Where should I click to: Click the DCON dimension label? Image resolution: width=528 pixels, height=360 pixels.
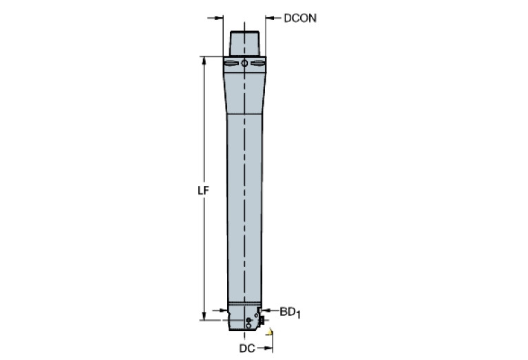click(x=300, y=19)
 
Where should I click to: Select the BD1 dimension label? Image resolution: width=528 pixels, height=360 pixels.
click(x=290, y=313)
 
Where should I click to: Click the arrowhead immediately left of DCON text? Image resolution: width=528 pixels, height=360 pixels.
click(x=271, y=19)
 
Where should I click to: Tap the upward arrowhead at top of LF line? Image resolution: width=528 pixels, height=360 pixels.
click(x=204, y=61)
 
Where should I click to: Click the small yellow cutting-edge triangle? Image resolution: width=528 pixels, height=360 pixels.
click(x=271, y=335)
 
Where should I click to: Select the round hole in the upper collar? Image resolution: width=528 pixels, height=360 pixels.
click(x=245, y=65)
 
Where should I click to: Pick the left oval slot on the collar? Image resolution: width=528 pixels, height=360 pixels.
click(x=231, y=65)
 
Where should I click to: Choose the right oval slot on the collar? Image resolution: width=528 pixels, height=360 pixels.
click(x=258, y=65)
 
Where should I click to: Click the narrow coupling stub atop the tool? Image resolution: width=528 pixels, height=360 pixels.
click(x=245, y=43)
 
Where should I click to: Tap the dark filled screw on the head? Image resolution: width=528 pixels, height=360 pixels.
click(x=248, y=320)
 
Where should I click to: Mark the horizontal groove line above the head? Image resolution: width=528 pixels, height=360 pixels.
click(x=245, y=305)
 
